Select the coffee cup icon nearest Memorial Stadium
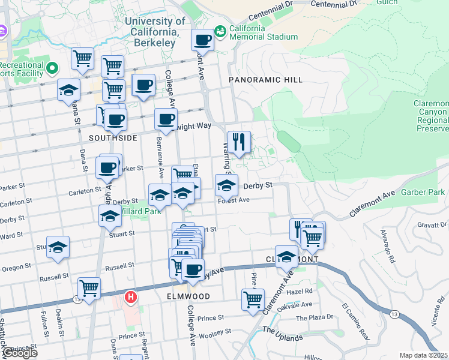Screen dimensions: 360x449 pyautogui.click(x=203, y=41)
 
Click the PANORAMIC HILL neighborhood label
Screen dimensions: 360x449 pyautogui.click(x=265, y=80)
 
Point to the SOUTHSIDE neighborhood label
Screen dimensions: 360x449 pyautogui.click(x=113, y=138)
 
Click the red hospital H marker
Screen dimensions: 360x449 pyautogui.click(x=130, y=297)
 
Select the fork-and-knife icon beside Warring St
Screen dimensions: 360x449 pyautogui.click(x=239, y=143)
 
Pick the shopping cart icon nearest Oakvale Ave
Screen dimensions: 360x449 pyautogui.click(x=253, y=299)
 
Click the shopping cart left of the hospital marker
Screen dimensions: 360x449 pyautogui.click(x=89, y=289)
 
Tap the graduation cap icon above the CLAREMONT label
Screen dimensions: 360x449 pyautogui.click(x=287, y=257)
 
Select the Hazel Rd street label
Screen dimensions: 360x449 pyautogui.click(x=300, y=290)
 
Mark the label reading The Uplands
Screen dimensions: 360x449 pyautogui.click(x=282, y=337)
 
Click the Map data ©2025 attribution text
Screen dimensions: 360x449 pyautogui.click(x=424, y=355)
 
